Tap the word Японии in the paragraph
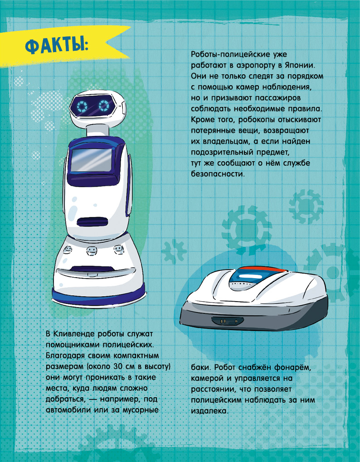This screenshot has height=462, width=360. click(302, 65)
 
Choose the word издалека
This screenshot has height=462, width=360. click(209, 411)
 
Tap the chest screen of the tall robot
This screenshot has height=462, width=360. click(92, 160)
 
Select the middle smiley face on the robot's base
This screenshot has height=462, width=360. click(92, 251)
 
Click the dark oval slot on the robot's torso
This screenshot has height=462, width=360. click(92, 222)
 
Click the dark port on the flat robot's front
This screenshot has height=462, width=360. click(228, 321)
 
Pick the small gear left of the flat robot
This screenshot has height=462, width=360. click(174, 251)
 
